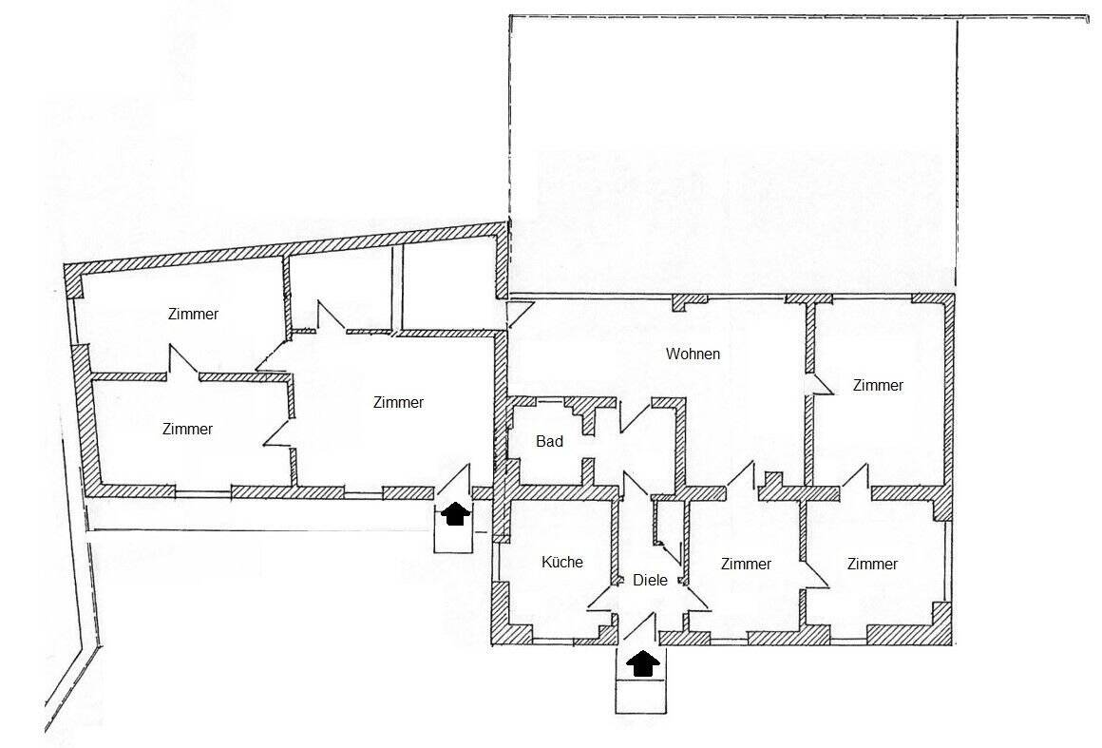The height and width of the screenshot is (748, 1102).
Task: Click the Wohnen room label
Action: (x=693, y=354)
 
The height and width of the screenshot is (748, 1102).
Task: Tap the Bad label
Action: (x=549, y=441)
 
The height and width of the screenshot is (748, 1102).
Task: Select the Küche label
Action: (x=561, y=562)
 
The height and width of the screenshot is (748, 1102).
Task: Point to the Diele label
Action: (x=650, y=580)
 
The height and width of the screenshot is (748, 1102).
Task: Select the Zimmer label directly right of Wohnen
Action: (x=878, y=385)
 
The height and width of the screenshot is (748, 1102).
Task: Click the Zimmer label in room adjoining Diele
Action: (x=746, y=564)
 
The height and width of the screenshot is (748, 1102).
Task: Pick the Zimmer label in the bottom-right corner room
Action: (x=872, y=564)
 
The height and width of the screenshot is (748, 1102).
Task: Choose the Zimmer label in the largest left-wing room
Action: (x=398, y=402)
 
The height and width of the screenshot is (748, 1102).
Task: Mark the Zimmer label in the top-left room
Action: (x=193, y=314)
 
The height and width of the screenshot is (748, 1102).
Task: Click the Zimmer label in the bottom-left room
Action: (x=187, y=429)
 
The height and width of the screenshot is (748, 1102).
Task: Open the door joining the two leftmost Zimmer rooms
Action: (x=182, y=362)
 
